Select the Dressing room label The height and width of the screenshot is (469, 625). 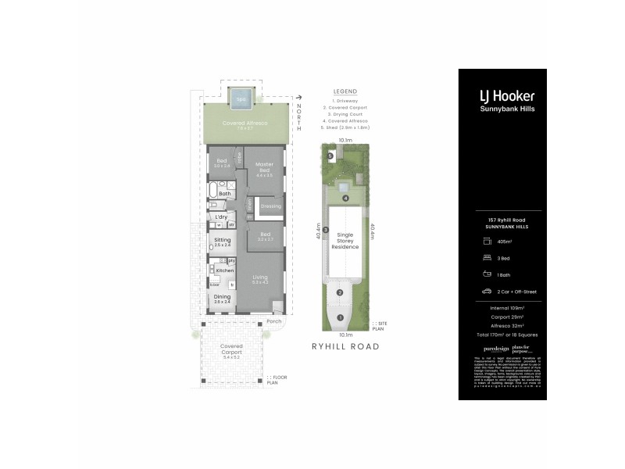tap(270, 206)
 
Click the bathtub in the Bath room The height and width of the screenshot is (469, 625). tap(212, 192)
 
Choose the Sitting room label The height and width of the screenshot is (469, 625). tap(222, 241)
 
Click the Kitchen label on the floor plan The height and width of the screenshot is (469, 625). tap(225, 270)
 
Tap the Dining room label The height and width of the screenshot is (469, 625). tap(222, 298)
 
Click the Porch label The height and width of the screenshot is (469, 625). tap(273, 321)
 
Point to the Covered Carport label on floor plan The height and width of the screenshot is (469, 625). tap(231, 348)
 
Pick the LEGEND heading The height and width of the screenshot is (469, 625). tap(345, 90)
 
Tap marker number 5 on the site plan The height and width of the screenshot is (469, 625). tap(330, 156)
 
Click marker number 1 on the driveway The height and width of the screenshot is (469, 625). tap(340, 317)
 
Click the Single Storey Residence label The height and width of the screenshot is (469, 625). tap(345, 241)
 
